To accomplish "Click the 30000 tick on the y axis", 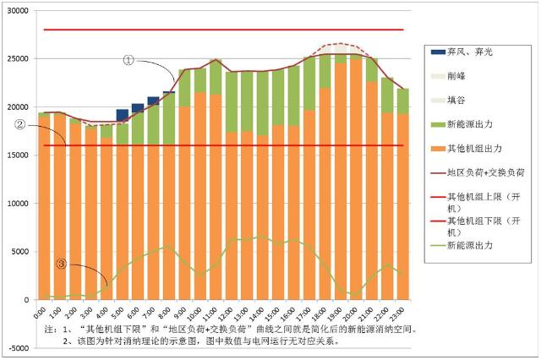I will tap(18, 11).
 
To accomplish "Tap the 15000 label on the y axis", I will tap(18, 155).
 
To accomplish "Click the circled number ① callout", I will tap(128, 60).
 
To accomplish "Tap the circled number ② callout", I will tap(19, 125).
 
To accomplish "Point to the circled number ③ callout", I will tap(61, 263).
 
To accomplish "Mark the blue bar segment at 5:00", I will tap(122, 116).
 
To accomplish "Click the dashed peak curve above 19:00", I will tap(341, 43).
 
